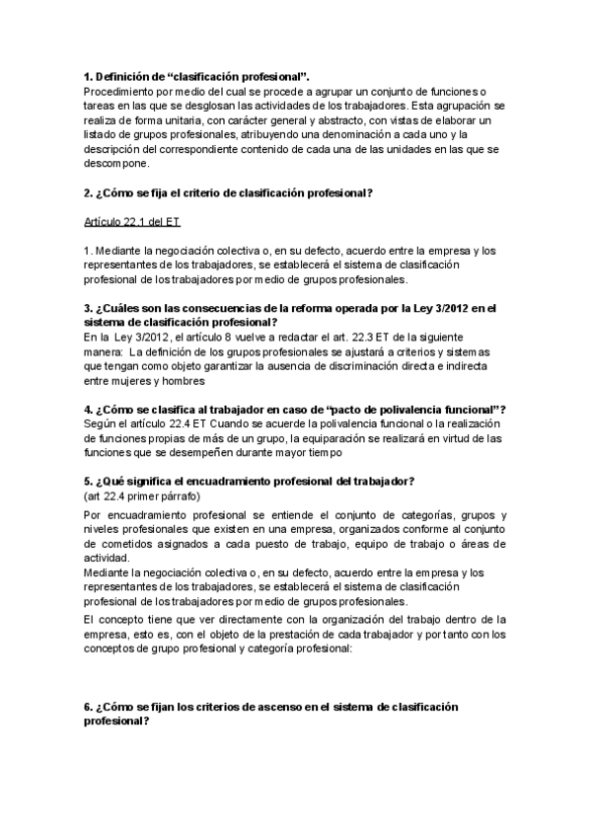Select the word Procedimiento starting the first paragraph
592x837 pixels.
coord(123,92)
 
